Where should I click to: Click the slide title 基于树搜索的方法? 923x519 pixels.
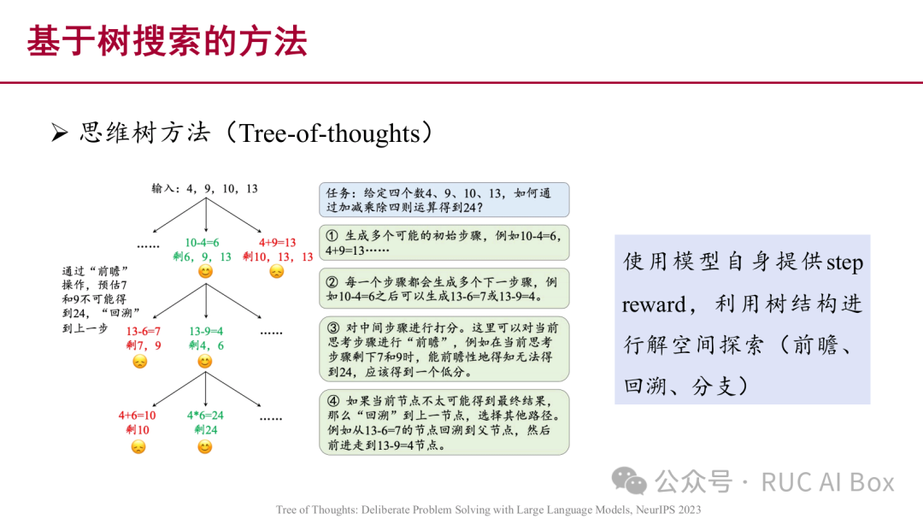[x=168, y=41]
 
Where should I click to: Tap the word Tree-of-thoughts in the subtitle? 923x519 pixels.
[x=329, y=133]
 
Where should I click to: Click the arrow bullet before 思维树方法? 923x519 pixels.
[x=59, y=133]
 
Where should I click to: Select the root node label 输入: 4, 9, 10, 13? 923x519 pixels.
[x=205, y=188]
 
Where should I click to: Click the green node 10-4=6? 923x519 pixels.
[x=202, y=242]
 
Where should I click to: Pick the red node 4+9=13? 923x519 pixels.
[x=277, y=242]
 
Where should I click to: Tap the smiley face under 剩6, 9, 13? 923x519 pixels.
[x=205, y=272]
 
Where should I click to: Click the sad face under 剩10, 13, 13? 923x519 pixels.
[x=277, y=272]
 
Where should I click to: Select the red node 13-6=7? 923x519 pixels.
[x=143, y=331]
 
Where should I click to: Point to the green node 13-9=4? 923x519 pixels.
[x=206, y=331]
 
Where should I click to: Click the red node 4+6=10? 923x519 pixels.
[x=137, y=416]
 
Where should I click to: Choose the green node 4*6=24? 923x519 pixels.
[x=205, y=416]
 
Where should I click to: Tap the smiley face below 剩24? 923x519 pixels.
[x=205, y=447]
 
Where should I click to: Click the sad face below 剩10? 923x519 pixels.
[x=138, y=447]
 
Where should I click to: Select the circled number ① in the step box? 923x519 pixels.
[x=332, y=236]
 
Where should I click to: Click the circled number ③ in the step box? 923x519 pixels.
[x=334, y=327]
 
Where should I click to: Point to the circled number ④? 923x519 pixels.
[x=334, y=401]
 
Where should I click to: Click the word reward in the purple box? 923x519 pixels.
[x=655, y=304]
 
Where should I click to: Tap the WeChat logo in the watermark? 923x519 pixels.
[x=629, y=481]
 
